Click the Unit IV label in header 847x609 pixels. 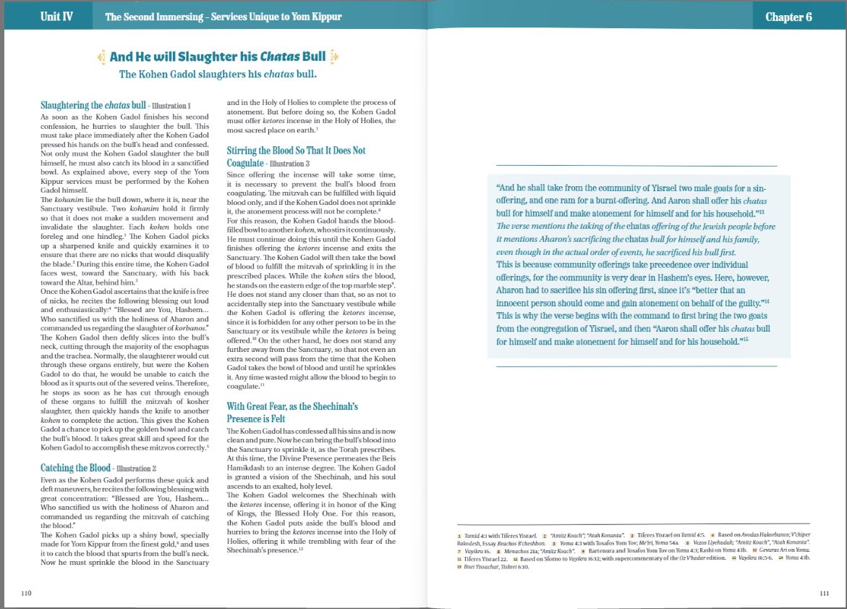point(56,17)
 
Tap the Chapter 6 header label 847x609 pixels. point(788,17)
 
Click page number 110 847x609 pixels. point(27,593)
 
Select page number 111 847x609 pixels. point(824,593)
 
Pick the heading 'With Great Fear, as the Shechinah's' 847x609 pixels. point(292,406)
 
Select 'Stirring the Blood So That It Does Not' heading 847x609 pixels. point(296,151)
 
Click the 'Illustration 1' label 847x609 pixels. point(171,106)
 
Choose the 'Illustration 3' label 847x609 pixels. point(289,164)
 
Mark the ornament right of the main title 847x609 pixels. point(333,56)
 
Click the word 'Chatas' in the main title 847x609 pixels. point(281,56)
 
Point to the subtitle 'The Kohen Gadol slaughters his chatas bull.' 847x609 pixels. point(218,74)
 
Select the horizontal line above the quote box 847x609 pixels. point(636,166)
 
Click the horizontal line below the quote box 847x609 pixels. point(636,366)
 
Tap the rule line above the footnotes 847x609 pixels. point(633,524)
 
